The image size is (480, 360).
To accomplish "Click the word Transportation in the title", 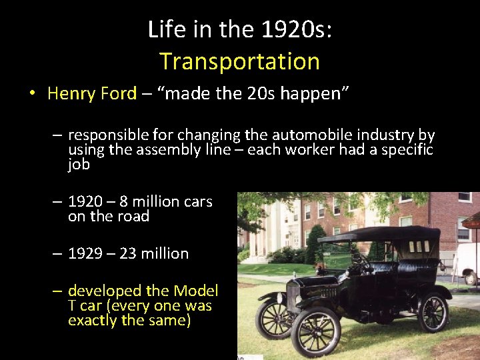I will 239,61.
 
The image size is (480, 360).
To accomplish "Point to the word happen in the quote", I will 309,93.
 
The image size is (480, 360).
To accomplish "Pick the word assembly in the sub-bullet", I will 167,149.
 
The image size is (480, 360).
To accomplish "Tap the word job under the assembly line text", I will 79,164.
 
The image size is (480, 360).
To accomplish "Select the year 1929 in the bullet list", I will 86,253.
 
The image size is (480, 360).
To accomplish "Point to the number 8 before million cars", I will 124,201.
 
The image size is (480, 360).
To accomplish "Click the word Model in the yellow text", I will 195,291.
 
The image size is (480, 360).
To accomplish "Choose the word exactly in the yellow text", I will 91,321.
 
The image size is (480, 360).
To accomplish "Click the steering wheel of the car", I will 361,261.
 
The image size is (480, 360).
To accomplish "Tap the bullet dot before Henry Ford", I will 31,93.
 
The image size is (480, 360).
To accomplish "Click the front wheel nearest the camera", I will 317,331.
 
